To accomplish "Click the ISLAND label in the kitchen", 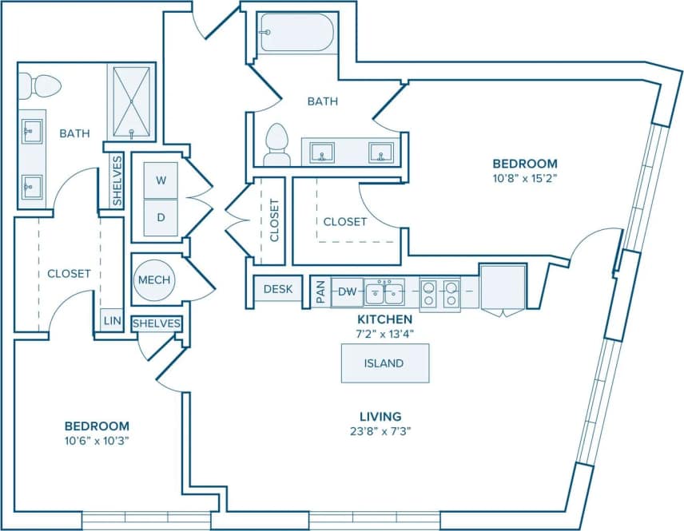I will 384,363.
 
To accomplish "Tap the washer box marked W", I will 161,181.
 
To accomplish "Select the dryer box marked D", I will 161,217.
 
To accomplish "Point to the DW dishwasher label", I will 347,292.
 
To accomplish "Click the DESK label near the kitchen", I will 277,289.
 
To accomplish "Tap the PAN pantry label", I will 320,292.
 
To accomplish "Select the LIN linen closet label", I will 111,322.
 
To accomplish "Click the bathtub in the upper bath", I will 295,33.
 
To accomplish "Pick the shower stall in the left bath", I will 131,103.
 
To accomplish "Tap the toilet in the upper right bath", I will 276,143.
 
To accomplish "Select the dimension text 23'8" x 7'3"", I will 380,432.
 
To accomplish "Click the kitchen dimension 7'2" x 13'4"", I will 384,333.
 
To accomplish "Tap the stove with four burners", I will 440,294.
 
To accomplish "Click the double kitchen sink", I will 384,293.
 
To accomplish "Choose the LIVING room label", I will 380,416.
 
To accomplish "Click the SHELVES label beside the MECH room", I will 156,323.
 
